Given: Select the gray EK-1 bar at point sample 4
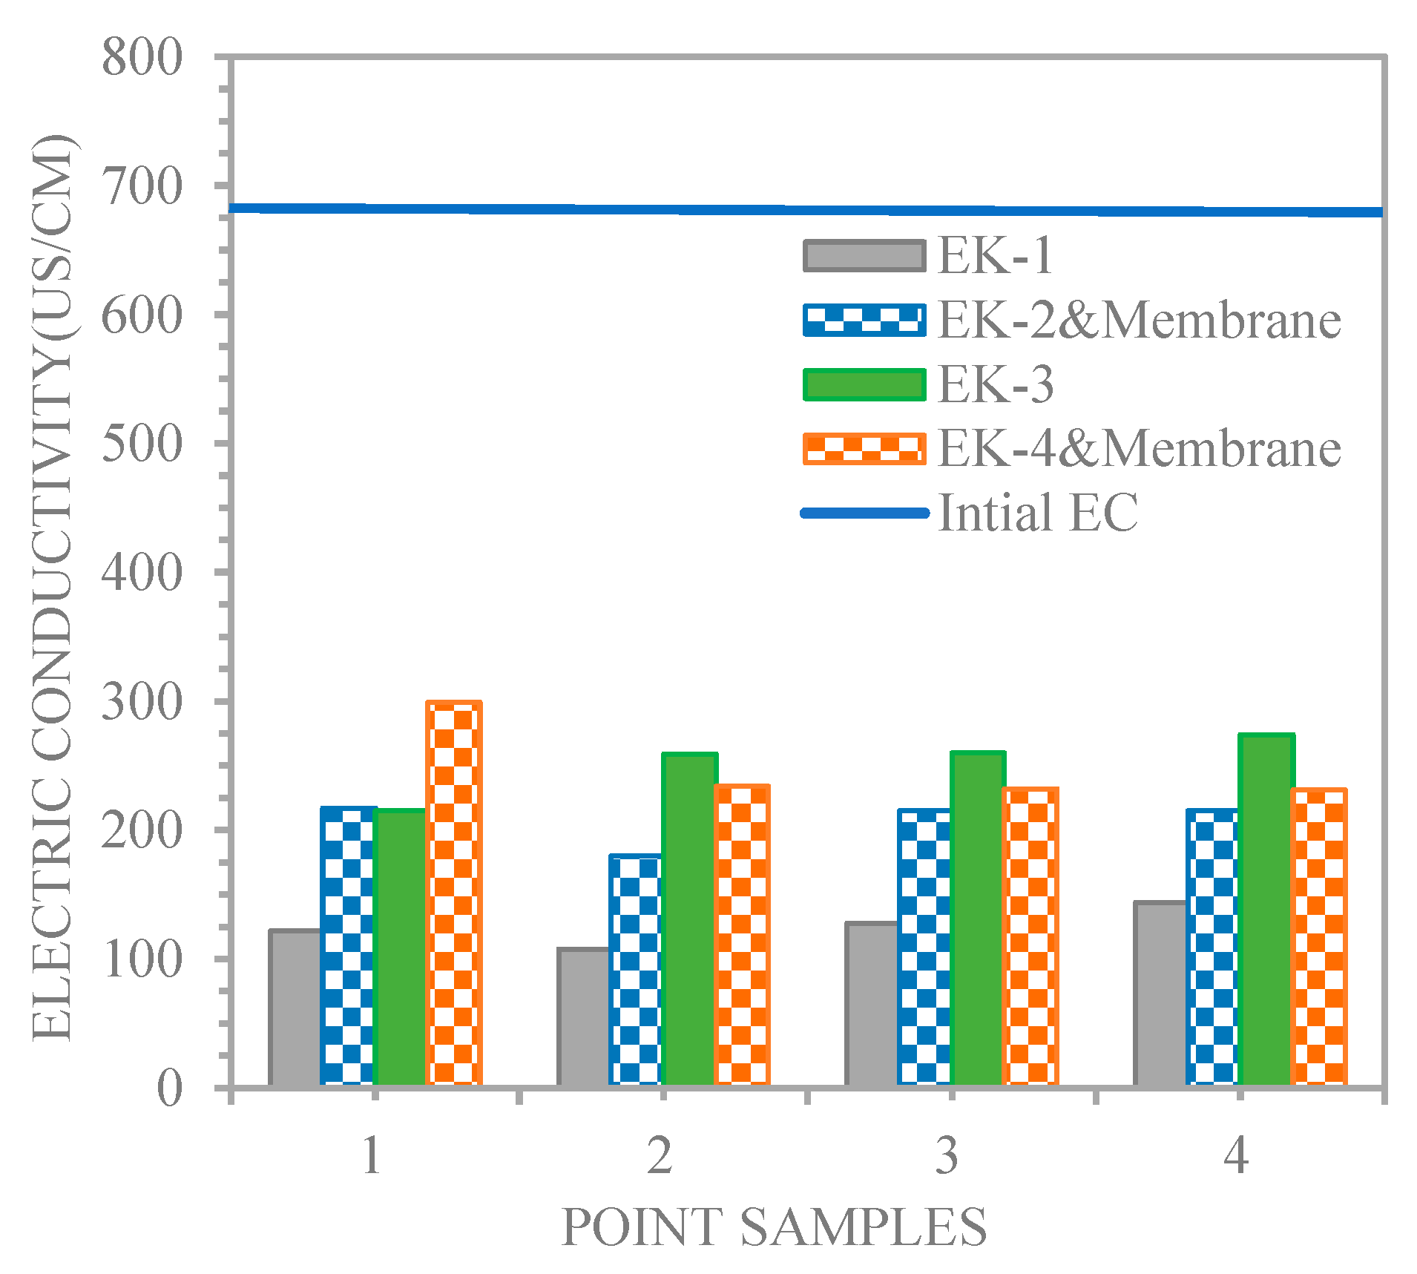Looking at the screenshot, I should coord(1160,994).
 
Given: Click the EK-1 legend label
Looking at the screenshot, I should coord(995,256).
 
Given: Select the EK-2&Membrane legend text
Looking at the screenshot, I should coord(1139,321).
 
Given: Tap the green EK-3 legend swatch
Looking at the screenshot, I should coord(864,385).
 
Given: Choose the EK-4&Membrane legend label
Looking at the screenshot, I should coord(1139,449).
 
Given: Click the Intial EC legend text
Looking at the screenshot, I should coord(1037,513).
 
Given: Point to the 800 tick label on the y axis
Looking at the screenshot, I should coord(142,57).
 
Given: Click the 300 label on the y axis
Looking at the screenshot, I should coord(142,702).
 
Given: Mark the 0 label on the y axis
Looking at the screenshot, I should coord(169,1089).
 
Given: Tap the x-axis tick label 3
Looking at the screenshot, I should coord(947,1156).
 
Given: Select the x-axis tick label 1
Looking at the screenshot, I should coord(372,1156).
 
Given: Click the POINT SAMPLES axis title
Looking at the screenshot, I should coord(774,1227).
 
